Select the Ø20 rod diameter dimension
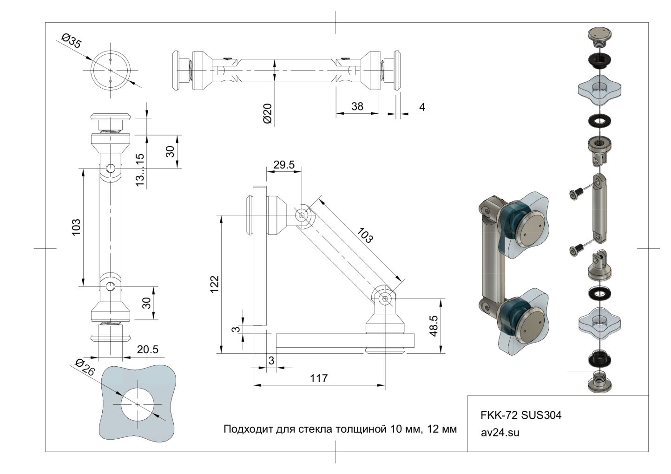click(x=267, y=113)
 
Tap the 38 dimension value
click(x=357, y=106)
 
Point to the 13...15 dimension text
click(x=140, y=170)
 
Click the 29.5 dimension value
click(x=283, y=165)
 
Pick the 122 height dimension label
click(x=214, y=284)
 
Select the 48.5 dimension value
click(x=433, y=326)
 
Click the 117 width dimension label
click(x=319, y=378)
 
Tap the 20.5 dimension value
click(x=148, y=350)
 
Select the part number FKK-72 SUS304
click(x=520, y=415)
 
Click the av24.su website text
click(x=500, y=433)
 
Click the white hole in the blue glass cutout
click(x=138, y=403)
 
